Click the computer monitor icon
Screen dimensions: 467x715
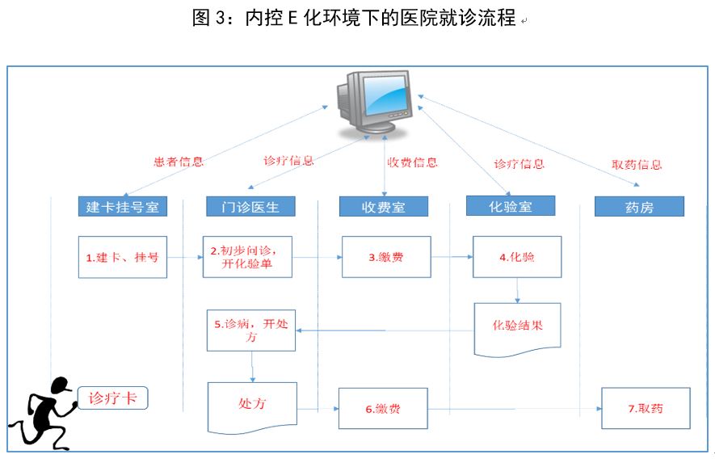[378, 103]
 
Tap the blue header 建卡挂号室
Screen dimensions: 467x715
[123, 207]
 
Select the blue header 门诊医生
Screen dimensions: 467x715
[249, 207]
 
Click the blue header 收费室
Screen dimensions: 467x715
[383, 207]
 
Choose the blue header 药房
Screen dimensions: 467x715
[639, 207]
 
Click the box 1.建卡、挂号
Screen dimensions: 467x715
[123, 257]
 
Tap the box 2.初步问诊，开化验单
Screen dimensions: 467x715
[248, 257]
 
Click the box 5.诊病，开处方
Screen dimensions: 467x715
[250, 330]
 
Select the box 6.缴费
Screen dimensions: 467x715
[382, 409]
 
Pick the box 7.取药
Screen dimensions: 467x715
[646, 408]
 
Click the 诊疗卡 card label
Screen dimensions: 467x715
[112, 398]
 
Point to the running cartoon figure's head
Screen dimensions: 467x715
[58, 389]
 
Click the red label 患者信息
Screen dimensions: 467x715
[179, 162]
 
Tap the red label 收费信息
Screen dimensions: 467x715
[412, 162]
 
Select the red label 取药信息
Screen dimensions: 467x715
[637, 165]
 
